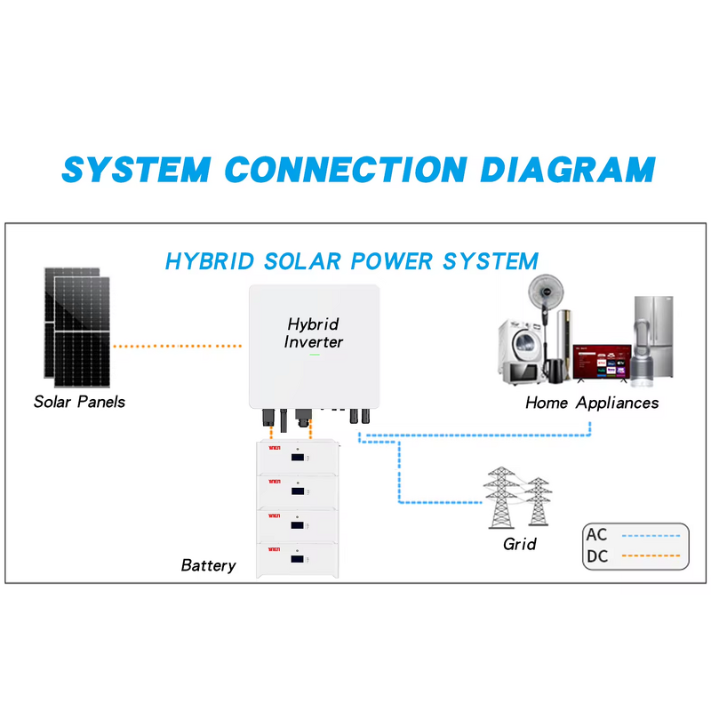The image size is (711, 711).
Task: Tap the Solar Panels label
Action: click(x=79, y=402)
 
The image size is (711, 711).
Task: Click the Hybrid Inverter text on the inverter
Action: click(x=313, y=333)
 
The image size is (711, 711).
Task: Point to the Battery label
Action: click(x=208, y=565)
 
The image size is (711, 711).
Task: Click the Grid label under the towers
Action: click(x=519, y=543)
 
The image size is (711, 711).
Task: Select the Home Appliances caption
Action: click(x=592, y=403)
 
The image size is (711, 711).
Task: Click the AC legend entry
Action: click(x=596, y=536)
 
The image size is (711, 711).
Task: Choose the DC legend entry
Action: click(x=596, y=557)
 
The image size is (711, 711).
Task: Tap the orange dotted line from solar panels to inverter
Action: click(x=178, y=345)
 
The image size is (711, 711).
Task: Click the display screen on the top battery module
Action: click(x=299, y=459)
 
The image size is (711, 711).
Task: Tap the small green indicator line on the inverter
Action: click(x=314, y=355)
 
